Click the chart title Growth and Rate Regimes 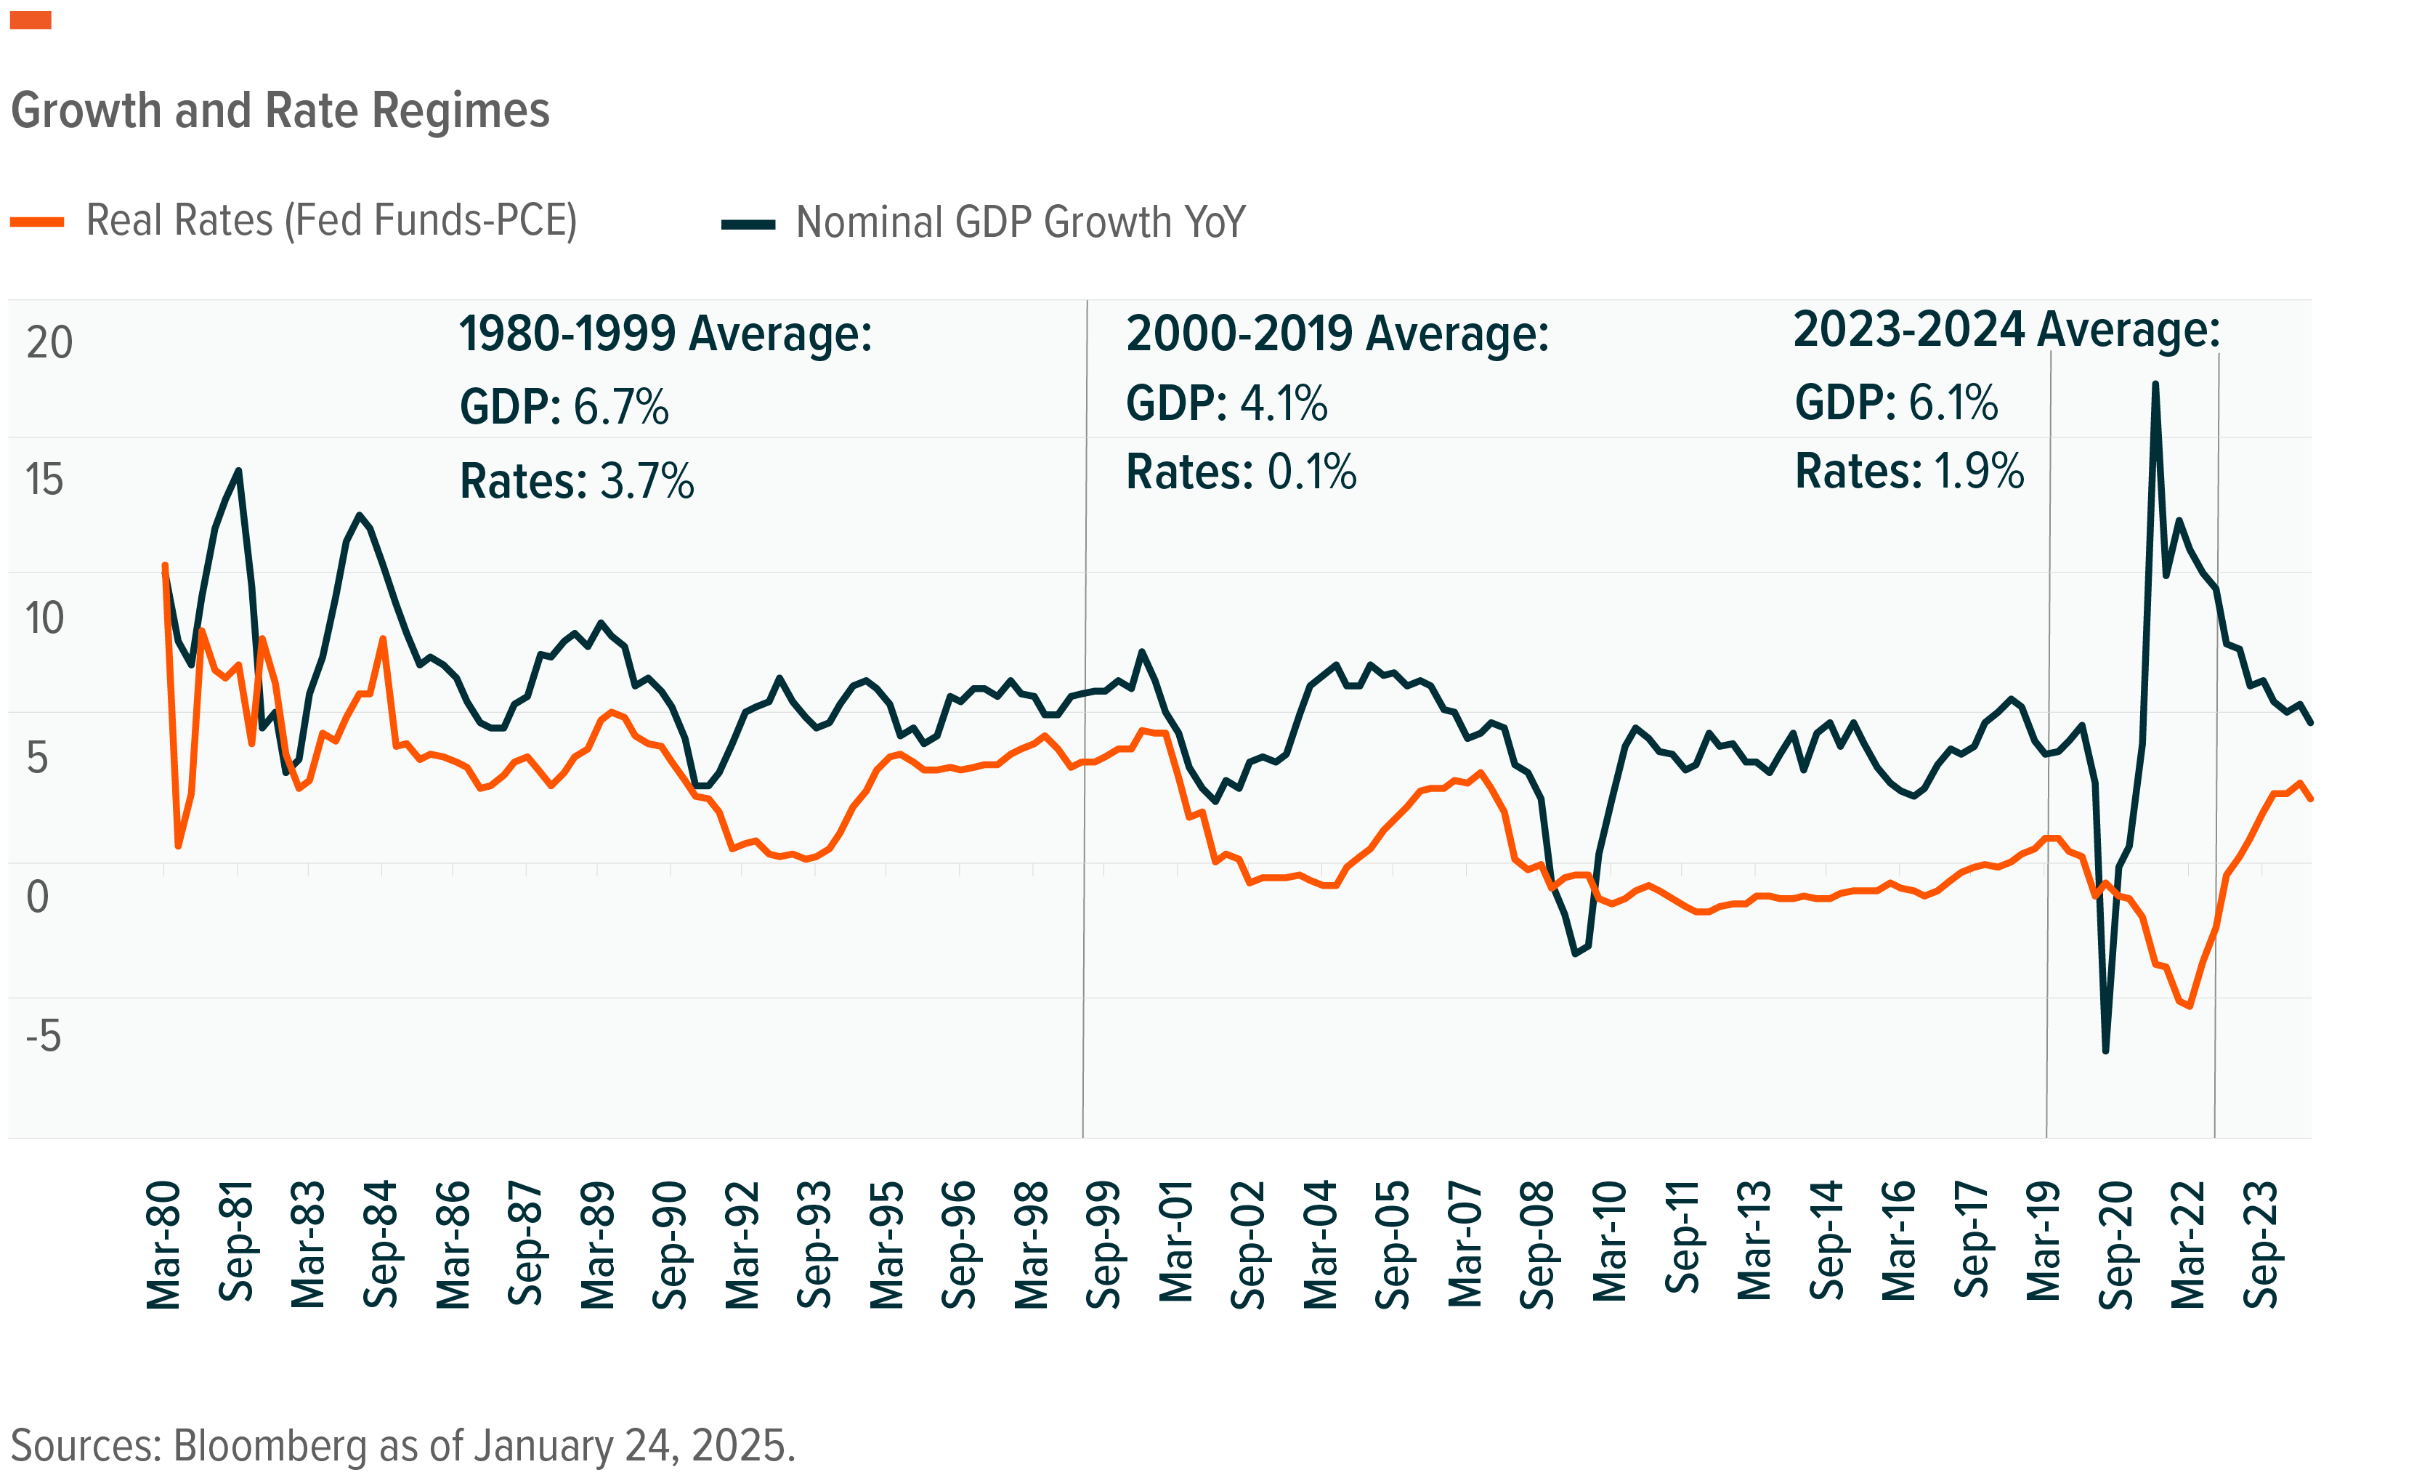pos(280,110)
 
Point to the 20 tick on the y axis pos(49,343)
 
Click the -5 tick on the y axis pos(44,1035)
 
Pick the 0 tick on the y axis pos(37,897)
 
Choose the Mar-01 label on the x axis pos(1175,1242)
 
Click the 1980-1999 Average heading pos(665,334)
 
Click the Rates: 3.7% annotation pos(577,482)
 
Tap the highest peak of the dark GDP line pos(2155,384)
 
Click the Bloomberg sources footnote pos(403,1445)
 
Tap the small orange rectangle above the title pos(31,20)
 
